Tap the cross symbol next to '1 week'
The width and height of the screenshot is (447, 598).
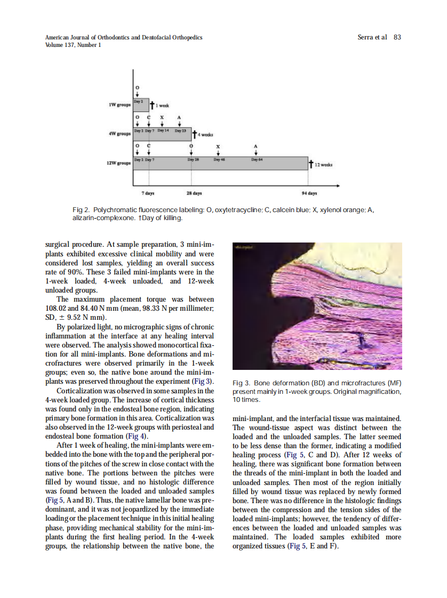point(151,106)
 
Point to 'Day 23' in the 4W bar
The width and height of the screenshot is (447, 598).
point(180,131)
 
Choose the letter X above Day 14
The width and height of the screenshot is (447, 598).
point(162,117)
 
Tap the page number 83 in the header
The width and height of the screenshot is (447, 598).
point(397,37)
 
